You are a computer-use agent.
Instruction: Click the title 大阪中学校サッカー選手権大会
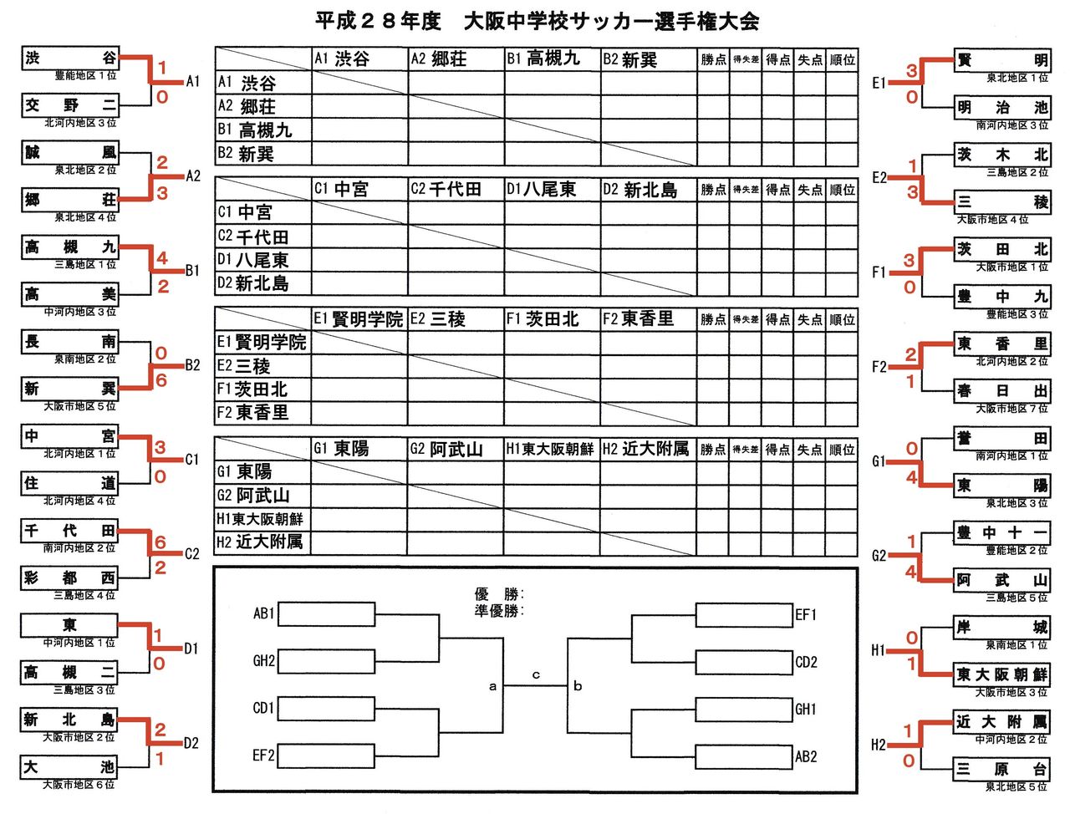[x=611, y=22]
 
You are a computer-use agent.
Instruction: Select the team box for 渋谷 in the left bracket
[x=70, y=59]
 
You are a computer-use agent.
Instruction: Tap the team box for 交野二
[x=70, y=105]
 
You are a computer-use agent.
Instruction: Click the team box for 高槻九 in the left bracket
[x=70, y=247]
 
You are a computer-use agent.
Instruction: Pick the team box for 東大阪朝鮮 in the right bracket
[x=1001, y=674]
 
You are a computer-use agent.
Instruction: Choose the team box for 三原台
[x=1001, y=769]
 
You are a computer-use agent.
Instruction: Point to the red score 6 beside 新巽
[x=161, y=380]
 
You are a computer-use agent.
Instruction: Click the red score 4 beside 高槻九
[x=161, y=259]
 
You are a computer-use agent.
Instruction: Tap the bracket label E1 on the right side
[x=879, y=83]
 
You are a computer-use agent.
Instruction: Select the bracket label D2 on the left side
[x=191, y=743]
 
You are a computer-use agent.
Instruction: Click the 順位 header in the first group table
[x=842, y=60]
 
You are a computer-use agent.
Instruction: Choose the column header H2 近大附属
[x=647, y=450]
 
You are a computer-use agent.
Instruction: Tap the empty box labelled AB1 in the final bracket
[x=325, y=614]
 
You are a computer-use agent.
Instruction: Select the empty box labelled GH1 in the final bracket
[x=744, y=710]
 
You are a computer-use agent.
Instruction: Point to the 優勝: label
[x=499, y=595]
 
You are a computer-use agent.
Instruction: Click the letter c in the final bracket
[x=536, y=674]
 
